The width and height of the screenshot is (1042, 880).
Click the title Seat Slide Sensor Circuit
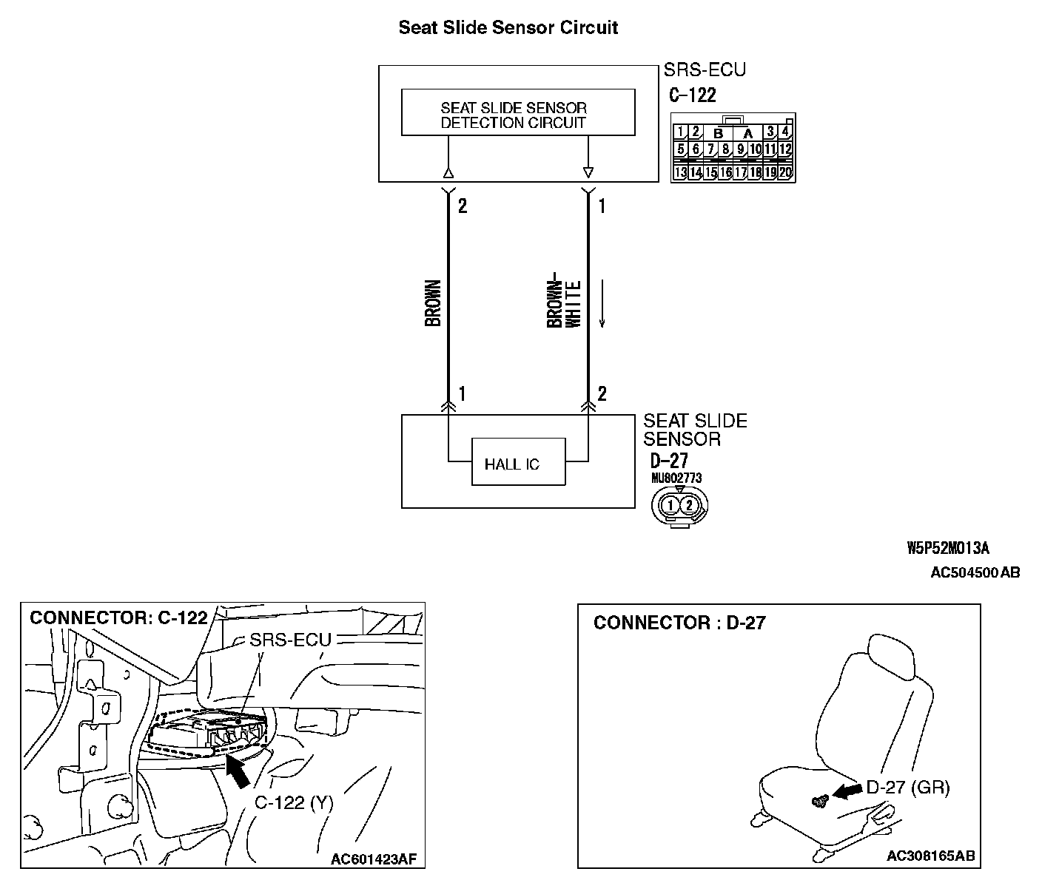point(508,28)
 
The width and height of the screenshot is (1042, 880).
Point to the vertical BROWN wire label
point(434,303)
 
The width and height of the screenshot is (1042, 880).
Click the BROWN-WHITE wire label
point(563,303)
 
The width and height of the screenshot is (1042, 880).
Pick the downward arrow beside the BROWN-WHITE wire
point(603,303)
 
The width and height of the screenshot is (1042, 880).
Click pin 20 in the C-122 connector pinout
point(785,173)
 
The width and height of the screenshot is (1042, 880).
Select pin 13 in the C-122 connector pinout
point(680,173)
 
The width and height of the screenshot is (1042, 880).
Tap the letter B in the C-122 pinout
point(718,134)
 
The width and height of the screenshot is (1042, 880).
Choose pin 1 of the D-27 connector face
point(670,505)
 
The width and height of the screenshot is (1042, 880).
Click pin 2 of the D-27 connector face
point(689,505)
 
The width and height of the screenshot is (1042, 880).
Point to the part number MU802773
point(676,478)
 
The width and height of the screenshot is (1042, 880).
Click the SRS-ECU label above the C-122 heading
point(704,70)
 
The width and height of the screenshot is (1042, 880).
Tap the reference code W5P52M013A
point(947,548)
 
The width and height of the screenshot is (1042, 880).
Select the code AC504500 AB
point(975,573)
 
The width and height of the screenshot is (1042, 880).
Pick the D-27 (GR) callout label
point(907,788)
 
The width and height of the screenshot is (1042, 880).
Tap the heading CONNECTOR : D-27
point(679,623)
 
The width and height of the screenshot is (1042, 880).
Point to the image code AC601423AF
point(374,859)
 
